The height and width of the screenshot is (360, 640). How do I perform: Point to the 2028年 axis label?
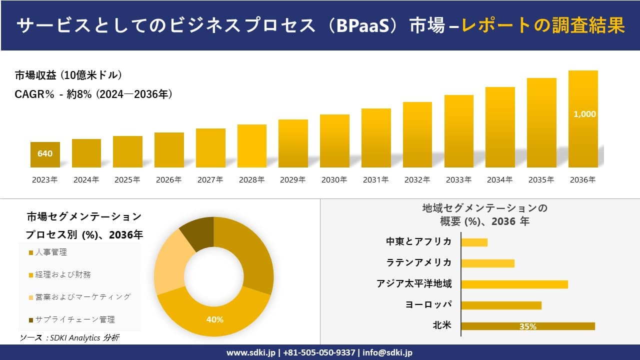click(251, 180)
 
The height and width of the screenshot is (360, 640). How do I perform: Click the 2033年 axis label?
click(458, 180)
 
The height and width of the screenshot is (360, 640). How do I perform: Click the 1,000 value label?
click(584, 114)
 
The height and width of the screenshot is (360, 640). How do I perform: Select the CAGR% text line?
click(94, 94)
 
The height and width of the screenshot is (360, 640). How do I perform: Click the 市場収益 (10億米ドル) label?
click(68, 75)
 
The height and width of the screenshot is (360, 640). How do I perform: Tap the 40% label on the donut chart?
click(214, 319)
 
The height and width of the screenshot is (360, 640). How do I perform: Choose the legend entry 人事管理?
click(50, 252)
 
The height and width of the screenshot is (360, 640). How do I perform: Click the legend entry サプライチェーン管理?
click(74, 319)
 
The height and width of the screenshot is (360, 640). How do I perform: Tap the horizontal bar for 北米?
click(527, 326)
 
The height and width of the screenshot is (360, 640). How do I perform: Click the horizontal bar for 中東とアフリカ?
click(474, 242)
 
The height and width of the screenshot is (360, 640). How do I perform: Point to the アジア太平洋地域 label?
click(414, 284)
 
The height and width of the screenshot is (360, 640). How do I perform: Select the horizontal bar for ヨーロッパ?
click(501, 305)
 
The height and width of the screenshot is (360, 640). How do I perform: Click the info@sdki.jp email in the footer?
click(387, 352)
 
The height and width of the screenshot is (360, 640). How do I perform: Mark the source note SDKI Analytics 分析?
click(69, 338)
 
